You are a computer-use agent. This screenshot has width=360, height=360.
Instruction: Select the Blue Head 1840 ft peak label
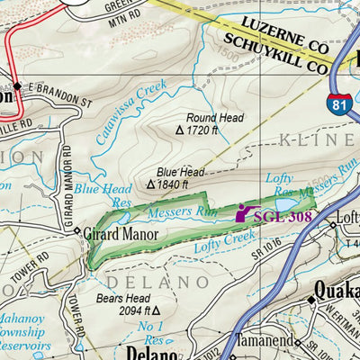[180, 177]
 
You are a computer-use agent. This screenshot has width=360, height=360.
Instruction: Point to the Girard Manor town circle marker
[77, 231]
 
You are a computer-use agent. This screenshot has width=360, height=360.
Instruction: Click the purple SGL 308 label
[283, 216]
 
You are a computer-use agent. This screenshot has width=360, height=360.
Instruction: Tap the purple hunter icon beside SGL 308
[244, 213]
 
